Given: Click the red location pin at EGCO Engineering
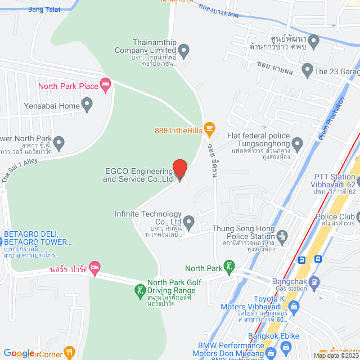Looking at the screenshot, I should click(x=179, y=169).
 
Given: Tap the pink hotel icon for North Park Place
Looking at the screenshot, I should click(x=105, y=85).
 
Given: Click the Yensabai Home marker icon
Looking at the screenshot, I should click(x=87, y=105).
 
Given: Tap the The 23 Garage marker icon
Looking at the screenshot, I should click(x=307, y=71).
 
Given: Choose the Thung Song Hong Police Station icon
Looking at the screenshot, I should click(x=283, y=236).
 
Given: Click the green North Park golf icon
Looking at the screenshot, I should click(x=229, y=267).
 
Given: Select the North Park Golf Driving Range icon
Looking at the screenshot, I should click(x=139, y=291).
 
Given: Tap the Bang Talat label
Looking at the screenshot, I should click(x=43, y=10).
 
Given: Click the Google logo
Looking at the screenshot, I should click(x=18, y=353).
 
